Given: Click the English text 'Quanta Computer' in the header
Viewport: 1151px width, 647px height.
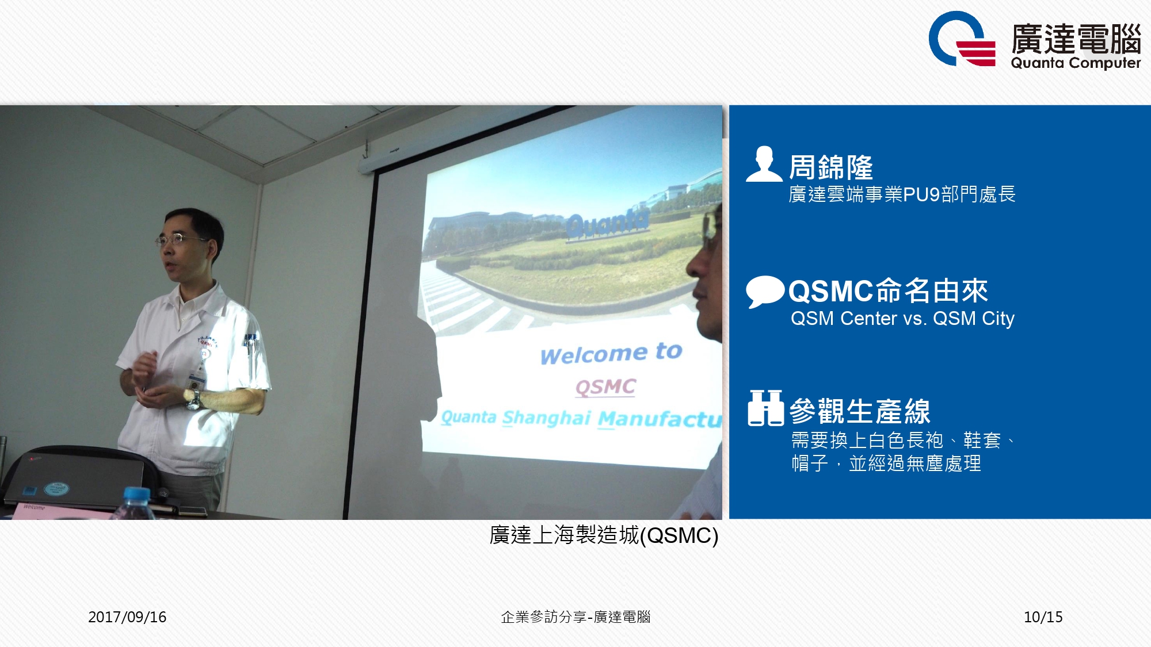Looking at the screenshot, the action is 1076,63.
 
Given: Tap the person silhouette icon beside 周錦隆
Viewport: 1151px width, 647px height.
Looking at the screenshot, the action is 764,164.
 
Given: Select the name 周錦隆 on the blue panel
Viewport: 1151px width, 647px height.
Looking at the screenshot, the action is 830,167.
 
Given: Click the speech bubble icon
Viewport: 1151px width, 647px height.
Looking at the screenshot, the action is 765,292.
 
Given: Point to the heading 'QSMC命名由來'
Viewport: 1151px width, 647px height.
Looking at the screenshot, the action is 888,290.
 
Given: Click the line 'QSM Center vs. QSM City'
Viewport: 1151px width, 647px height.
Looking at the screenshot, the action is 902,318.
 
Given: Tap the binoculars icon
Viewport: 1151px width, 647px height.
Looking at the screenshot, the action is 765,408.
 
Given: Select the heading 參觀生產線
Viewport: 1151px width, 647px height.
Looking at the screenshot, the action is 860,411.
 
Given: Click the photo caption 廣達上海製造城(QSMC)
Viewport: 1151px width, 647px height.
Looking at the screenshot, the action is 604,535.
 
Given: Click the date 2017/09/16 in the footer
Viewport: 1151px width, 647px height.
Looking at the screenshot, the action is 127,617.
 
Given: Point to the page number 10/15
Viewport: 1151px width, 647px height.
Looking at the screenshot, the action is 1043,617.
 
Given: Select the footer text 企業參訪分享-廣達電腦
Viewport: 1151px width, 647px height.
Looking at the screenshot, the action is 575,617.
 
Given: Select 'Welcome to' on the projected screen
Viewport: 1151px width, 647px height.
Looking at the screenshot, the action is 611,353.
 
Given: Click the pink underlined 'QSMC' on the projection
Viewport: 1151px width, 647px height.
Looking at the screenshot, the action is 605,387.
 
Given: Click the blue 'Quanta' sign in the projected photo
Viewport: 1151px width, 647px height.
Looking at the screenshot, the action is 607,223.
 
